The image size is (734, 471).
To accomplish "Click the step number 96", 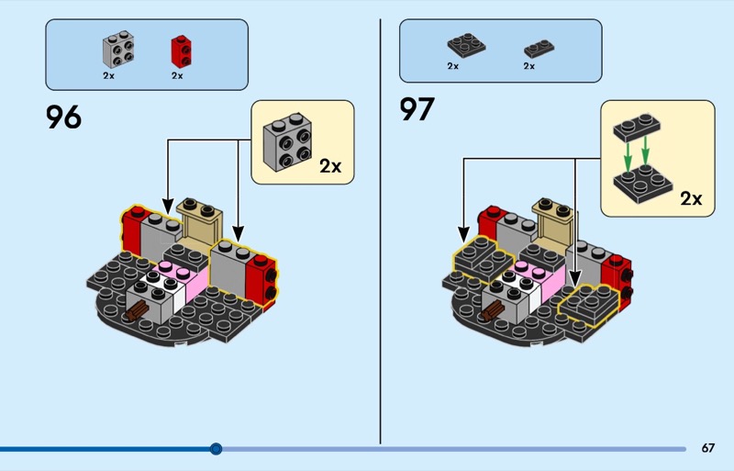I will coord(63,117).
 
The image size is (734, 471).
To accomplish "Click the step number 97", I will coord(417,109).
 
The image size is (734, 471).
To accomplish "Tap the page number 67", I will coord(707,448).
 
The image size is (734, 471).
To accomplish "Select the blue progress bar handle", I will coord(216,449).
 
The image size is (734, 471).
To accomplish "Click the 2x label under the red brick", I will coord(177,76).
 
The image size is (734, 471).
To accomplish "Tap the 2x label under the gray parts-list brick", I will coord(108,76).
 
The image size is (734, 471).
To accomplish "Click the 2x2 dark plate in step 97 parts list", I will coord(466,46).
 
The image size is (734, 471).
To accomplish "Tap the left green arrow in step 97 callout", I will coord(627,151).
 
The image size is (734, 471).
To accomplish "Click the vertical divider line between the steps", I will coord(380,230).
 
